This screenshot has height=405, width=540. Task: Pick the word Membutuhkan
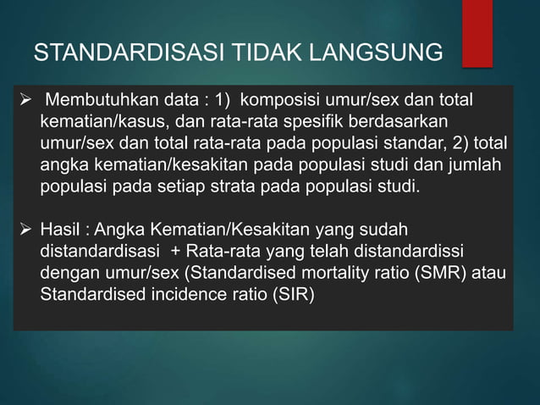tap(101, 103)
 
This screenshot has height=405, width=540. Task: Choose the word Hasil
tap(63, 229)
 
